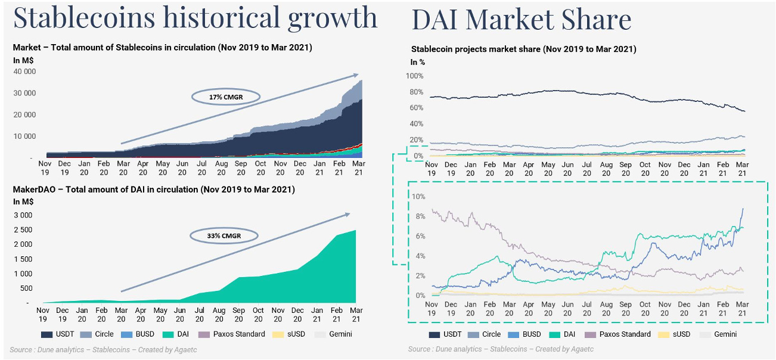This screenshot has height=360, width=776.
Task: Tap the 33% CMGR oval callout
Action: [224, 235]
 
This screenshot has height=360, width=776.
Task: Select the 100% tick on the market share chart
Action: [414, 76]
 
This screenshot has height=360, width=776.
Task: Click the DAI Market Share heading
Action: [521, 20]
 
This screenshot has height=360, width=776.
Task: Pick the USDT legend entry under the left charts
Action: [58, 334]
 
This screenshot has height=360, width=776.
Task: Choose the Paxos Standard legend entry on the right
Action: [616, 334]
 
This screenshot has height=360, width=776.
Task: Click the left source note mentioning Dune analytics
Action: [103, 349]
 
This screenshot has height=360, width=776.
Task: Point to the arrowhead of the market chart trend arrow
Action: [356, 75]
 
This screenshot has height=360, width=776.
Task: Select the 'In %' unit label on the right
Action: [417, 62]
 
